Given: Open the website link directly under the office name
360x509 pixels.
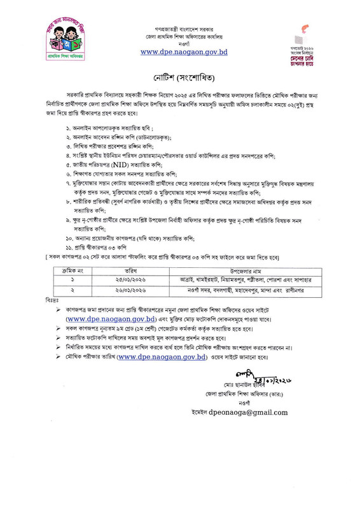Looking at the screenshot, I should (181, 52).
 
